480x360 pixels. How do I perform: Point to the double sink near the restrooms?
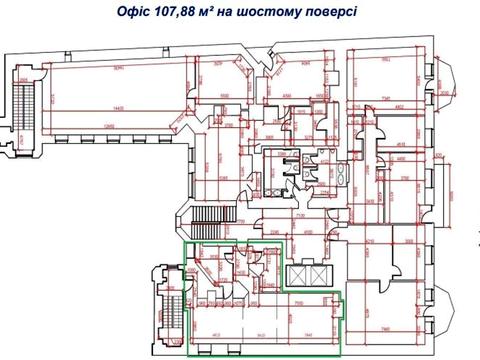[335, 171]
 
